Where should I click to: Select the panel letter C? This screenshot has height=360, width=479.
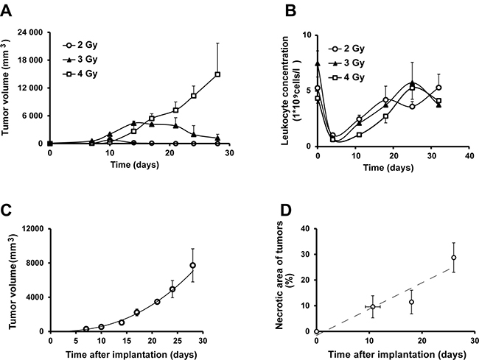tap(8, 208)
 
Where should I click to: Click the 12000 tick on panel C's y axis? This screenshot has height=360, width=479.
tap(31, 229)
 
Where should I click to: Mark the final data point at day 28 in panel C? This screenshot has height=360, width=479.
tap(192, 265)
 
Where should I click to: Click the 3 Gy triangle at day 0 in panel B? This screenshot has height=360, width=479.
tap(318, 64)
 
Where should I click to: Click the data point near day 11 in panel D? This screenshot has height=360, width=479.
tap(373, 306)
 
